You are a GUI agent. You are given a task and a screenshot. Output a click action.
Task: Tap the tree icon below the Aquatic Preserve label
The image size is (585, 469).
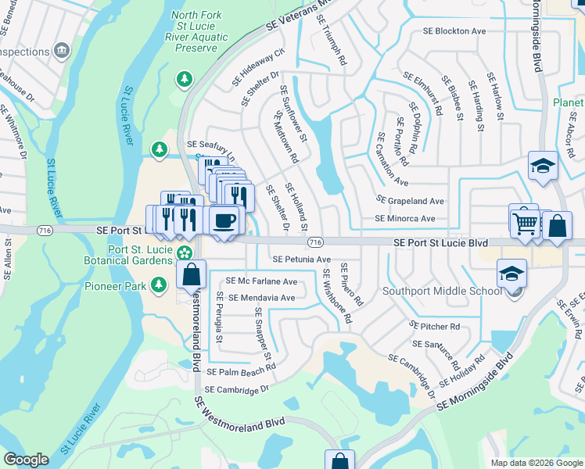pyautogui.click(x=184, y=79)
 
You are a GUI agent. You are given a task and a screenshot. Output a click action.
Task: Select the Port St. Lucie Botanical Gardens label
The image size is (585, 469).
pyautogui.click(x=129, y=255)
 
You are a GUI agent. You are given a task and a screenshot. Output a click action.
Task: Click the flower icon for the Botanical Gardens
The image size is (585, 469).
pyautogui.click(x=184, y=252)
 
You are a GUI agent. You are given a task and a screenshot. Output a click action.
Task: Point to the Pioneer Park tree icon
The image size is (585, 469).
pyautogui.click(x=160, y=285)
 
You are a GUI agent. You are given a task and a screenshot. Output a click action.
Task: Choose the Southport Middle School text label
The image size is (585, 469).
pyautogui.click(x=441, y=292)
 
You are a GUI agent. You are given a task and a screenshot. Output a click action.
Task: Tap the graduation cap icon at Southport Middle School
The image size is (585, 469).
pyautogui.click(x=511, y=273)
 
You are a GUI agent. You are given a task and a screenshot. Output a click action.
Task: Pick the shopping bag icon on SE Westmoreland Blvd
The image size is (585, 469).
pyautogui.click(x=191, y=275)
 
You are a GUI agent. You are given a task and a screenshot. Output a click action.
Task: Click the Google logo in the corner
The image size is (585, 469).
pyautogui.click(x=26, y=460)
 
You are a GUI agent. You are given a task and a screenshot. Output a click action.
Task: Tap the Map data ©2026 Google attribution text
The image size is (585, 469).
pyautogui.click(x=535, y=463)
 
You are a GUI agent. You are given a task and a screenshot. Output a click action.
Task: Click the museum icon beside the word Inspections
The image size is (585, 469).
pyautogui.click(x=62, y=52)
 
